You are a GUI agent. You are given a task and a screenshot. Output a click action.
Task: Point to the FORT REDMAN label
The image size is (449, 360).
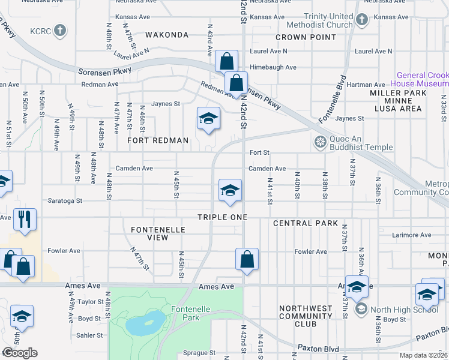coord(158,140)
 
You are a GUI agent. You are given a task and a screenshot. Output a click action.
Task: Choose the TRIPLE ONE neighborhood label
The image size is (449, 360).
coord(223,216)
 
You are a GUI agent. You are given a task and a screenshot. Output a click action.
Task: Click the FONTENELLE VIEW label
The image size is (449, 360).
coord(158,233)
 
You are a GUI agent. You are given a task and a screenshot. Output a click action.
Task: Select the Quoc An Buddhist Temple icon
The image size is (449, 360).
coord(320,142)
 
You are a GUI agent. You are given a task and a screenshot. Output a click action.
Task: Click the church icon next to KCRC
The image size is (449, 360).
coord(59,29)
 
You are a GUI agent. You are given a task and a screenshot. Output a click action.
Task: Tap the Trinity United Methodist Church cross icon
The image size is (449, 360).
coord(361,20)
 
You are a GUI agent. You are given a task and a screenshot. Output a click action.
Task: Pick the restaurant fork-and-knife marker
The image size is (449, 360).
coord(25,218)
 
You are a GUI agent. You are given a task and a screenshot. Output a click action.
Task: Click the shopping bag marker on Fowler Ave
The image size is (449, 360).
coord(247,259)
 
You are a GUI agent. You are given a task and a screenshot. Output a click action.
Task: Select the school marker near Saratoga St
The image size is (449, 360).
coord(230,190)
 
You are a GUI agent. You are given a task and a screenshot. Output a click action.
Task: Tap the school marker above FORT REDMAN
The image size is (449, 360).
coord(208,118)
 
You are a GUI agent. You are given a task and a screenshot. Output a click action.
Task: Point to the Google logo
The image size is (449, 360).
coord(20,353)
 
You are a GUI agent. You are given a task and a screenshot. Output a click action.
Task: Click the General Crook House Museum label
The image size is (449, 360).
coord(422,80)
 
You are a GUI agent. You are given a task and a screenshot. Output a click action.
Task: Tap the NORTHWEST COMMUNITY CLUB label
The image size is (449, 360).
coord(306,316)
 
